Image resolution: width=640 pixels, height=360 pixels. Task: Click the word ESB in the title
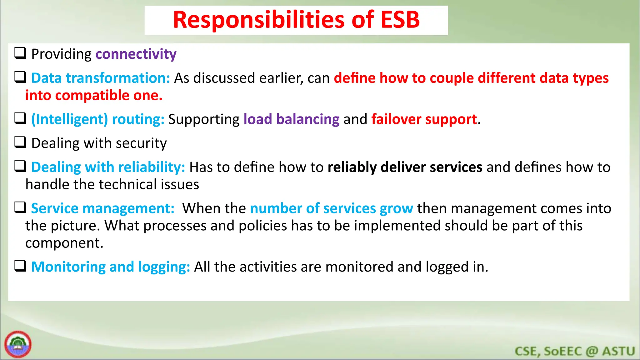pyautogui.click(x=400, y=20)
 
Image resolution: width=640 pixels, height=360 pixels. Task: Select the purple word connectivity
pyautogui.click(x=136, y=54)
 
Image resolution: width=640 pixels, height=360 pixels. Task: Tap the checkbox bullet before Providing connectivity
pyautogui.click(x=20, y=53)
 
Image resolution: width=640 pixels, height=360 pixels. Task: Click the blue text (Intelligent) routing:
pyautogui.click(x=97, y=119)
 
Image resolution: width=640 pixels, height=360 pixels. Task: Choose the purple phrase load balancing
pyautogui.click(x=291, y=119)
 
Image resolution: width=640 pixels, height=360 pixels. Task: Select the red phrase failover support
pyautogui.click(x=424, y=119)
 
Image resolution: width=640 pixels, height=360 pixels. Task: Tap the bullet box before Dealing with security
pyautogui.click(x=20, y=142)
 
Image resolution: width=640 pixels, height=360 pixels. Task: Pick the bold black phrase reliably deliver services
pyautogui.click(x=405, y=167)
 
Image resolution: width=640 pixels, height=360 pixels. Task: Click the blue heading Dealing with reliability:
pyautogui.click(x=108, y=167)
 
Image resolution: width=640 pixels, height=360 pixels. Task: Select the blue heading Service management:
pyautogui.click(x=102, y=208)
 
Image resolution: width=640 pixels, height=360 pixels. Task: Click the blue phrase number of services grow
pyautogui.click(x=331, y=208)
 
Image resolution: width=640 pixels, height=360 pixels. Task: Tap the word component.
pyautogui.click(x=64, y=243)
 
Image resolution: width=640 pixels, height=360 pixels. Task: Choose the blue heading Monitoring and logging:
pyautogui.click(x=111, y=267)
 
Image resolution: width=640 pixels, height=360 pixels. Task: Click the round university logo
pyautogui.click(x=18, y=344)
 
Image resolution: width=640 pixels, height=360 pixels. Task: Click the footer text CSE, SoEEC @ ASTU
pyautogui.click(x=574, y=351)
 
